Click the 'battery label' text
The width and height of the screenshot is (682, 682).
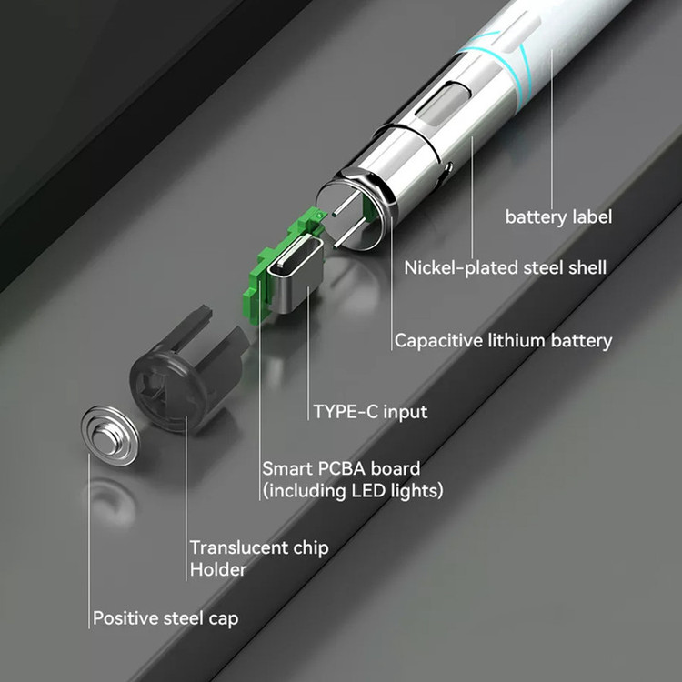click(558, 216)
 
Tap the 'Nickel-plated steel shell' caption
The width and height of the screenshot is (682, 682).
click(505, 267)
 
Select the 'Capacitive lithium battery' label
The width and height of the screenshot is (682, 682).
click(503, 341)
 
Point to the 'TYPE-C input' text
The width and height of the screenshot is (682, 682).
click(370, 412)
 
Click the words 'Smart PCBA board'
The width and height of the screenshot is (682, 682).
click(341, 468)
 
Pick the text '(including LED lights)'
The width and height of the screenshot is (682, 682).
click(353, 491)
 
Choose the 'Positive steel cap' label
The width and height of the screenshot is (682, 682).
click(165, 618)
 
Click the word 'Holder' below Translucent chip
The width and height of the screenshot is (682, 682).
click(218, 570)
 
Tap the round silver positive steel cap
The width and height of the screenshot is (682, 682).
click(110, 436)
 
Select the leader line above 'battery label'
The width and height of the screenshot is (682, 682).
click(552, 129)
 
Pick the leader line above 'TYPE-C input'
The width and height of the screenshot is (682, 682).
click(308, 353)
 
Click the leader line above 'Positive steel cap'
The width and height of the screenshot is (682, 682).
click(89, 541)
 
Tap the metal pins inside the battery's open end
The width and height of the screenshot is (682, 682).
click(349, 221)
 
